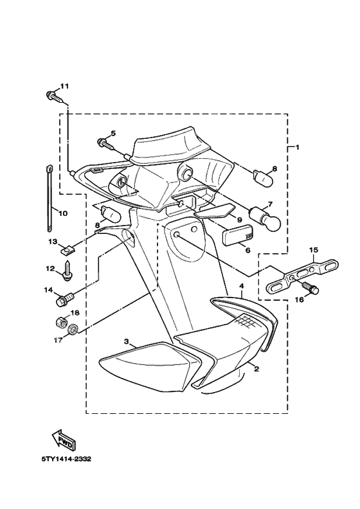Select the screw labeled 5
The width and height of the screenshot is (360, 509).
click(x=104, y=143)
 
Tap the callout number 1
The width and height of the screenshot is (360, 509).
click(x=297, y=147)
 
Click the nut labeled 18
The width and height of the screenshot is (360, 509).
click(x=60, y=321)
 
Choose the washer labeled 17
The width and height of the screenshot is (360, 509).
click(x=73, y=331)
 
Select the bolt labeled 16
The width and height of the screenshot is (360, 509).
click(x=313, y=289)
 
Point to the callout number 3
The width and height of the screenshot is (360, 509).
click(x=127, y=341)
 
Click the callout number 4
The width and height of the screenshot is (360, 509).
click(x=242, y=285)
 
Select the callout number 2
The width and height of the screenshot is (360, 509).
click(x=256, y=370)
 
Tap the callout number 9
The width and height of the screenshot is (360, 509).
click(x=239, y=220)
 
